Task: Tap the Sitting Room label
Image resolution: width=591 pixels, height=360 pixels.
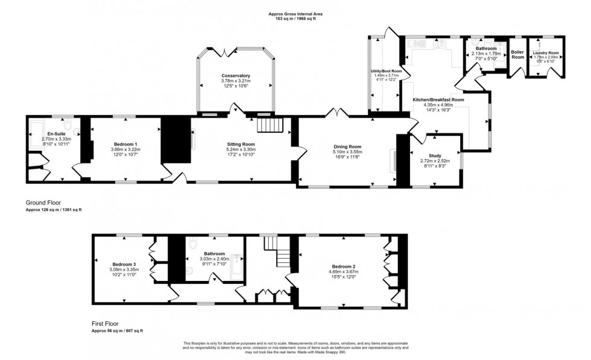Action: pyautogui.click(x=241, y=145)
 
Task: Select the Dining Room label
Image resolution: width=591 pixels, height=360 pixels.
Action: pyautogui.click(x=347, y=147)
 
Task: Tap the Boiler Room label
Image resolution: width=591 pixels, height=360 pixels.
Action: pyautogui.click(x=517, y=54)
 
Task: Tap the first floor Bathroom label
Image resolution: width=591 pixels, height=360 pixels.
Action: pyautogui.click(x=214, y=253)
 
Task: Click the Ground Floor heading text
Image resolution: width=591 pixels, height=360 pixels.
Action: pyautogui.click(x=43, y=203)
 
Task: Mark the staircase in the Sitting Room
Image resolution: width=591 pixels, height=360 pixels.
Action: pyautogui.click(x=270, y=125)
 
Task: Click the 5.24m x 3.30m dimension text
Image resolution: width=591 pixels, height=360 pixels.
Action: pyautogui.click(x=241, y=150)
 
